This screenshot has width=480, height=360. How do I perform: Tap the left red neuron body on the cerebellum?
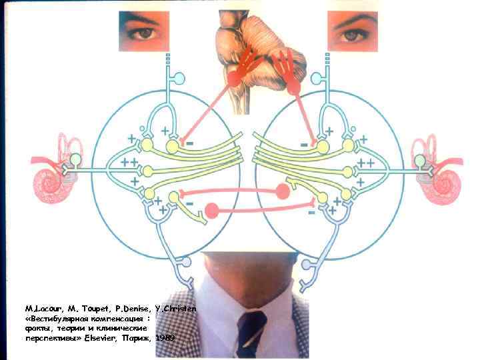tap(234, 78)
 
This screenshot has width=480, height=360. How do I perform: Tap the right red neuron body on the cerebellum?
tap(294, 85)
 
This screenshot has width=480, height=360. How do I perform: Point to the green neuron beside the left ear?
tap(77, 159)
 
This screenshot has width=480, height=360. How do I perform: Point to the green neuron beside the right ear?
tap(419, 161)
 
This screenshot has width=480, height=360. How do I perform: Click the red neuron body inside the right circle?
tap(283, 191)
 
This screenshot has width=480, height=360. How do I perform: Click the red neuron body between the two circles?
tap(213, 211)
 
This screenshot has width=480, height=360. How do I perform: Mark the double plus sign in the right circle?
tap(365, 163)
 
